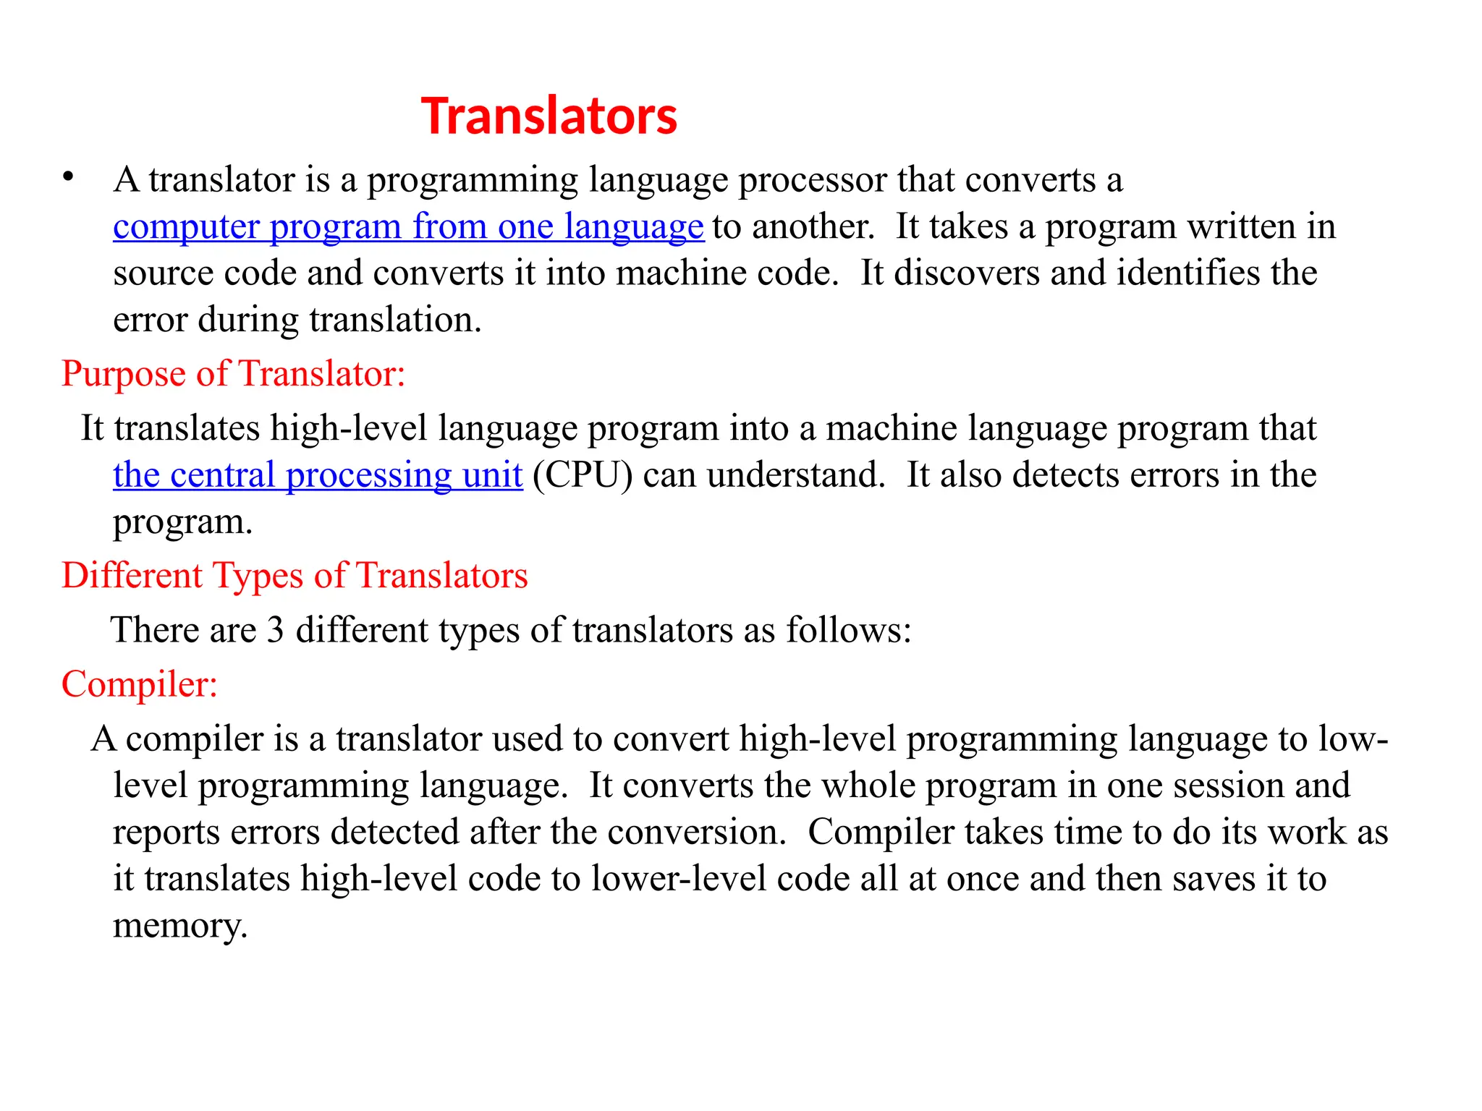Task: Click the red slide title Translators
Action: click(x=549, y=116)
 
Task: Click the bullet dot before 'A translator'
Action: click(x=69, y=176)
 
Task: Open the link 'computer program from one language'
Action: click(x=408, y=226)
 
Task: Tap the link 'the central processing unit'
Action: click(x=318, y=475)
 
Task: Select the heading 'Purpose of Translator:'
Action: click(x=233, y=374)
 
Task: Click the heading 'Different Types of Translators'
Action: click(x=295, y=576)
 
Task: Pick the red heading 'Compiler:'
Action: click(x=140, y=684)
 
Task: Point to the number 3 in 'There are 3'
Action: click(x=275, y=630)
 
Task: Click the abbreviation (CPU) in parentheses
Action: click(x=583, y=475)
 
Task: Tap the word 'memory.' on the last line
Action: click(x=180, y=926)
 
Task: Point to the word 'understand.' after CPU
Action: click(x=796, y=475)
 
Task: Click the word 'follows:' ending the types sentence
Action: click(x=848, y=630)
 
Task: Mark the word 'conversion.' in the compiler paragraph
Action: click(x=696, y=833)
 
